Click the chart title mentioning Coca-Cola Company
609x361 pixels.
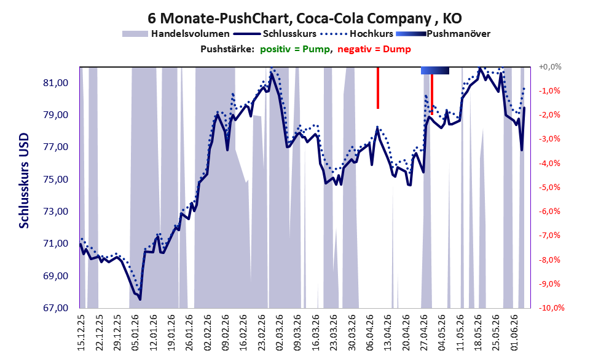coord(305,18)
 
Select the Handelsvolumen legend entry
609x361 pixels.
coord(176,34)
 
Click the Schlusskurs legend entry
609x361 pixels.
coord(275,34)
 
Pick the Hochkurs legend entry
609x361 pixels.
coord(356,34)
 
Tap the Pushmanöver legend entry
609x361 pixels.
coord(443,34)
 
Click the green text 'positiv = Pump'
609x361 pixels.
coord(295,49)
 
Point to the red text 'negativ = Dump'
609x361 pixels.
coord(374,49)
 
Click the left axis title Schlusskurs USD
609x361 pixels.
coord(24,181)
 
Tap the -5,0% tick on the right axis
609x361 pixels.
coord(549,188)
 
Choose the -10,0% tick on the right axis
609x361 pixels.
coord(551,307)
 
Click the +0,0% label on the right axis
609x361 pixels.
coord(550,67)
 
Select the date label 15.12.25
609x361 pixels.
coord(81,332)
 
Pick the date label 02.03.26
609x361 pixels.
coord(280,332)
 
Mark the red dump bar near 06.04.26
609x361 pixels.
coord(377,88)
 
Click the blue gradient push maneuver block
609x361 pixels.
coord(435,70)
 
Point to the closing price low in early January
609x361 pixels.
coord(140,299)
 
